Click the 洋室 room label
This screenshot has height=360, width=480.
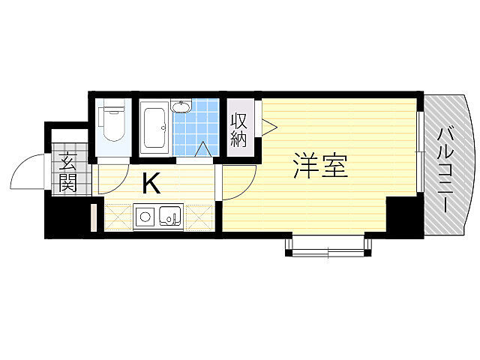[x=320, y=166]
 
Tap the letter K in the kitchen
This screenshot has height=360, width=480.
[x=151, y=182]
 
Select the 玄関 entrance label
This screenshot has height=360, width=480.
[x=67, y=172]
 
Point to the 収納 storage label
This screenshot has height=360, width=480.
[x=238, y=129]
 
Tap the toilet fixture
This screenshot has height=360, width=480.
[x=113, y=123]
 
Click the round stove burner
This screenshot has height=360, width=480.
[x=145, y=218]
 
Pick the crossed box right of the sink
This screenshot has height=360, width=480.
[x=199, y=217]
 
